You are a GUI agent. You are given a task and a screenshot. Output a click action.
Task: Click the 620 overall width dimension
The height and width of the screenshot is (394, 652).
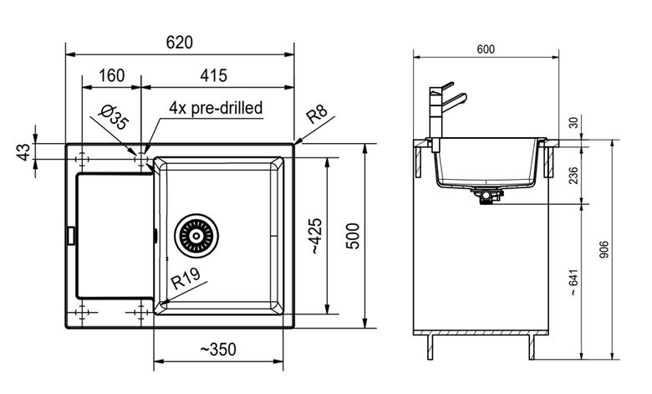[x=179, y=43]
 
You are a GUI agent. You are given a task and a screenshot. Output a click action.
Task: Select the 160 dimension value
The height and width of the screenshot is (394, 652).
[x=111, y=76]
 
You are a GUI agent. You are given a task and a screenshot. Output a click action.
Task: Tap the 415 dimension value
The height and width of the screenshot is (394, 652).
[x=214, y=76]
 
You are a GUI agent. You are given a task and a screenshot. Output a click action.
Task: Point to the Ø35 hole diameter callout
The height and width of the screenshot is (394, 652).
[x=114, y=118]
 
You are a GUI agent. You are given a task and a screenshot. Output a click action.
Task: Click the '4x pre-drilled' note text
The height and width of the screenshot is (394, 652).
[x=216, y=108]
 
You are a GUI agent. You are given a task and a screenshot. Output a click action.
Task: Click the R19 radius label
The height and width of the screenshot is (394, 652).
[x=186, y=279]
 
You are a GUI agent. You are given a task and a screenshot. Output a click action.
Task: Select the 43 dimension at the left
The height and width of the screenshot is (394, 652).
[x=23, y=152]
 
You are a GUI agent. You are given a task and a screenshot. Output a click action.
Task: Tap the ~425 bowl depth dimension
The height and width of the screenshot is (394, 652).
[x=315, y=236]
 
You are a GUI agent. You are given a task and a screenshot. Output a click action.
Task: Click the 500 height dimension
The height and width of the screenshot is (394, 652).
[x=353, y=236]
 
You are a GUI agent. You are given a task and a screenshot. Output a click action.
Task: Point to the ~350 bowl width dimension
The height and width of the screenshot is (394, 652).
[x=218, y=350]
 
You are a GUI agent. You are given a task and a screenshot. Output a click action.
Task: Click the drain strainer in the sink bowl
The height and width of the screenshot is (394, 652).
[x=196, y=236]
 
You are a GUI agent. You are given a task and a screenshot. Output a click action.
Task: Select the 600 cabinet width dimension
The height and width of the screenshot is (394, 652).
[x=486, y=49]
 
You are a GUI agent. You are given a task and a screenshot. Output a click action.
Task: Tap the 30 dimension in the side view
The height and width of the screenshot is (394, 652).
[x=573, y=123]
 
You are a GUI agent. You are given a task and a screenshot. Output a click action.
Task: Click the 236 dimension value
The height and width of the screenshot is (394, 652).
[x=573, y=175]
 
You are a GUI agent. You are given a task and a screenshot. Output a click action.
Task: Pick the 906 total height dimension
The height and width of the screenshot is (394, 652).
[x=604, y=249]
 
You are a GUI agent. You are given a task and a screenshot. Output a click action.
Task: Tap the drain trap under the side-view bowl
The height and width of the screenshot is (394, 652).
[x=486, y=196]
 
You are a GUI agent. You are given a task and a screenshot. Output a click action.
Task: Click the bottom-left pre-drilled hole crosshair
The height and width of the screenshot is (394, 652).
[x=82, y=312]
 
